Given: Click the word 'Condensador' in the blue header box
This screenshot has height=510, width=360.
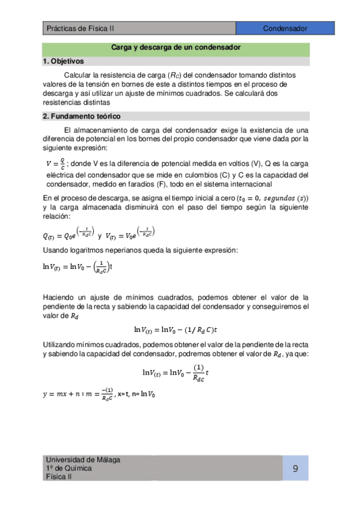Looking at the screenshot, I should tap(285, 28).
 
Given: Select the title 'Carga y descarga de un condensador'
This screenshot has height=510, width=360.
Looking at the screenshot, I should tap(176, 47).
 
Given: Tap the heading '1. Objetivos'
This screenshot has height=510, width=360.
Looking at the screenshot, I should tap(64, 61).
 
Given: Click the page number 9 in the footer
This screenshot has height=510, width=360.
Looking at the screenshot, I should tap(296, 469).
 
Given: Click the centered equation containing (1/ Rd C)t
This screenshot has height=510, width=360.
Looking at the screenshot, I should tap(175, 329).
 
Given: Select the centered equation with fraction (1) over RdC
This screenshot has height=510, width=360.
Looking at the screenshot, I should tap(175, 374).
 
